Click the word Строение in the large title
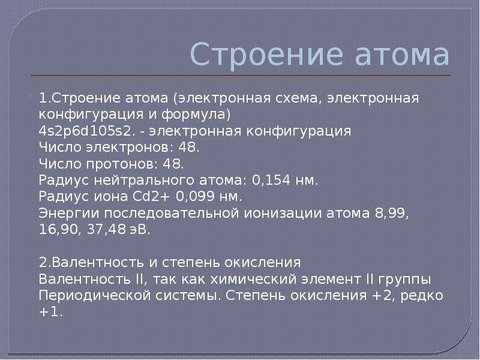click(x=266, y=55)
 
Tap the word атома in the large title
click(x=403, y=55)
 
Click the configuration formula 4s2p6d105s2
click(x=87, y=131)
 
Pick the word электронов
click(x=127, y=148)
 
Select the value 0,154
click(x=271, y=181)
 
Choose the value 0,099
click(x=195, y=197)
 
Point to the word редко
click(x=422, y=296)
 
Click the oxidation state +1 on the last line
click(x=50, y=312)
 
